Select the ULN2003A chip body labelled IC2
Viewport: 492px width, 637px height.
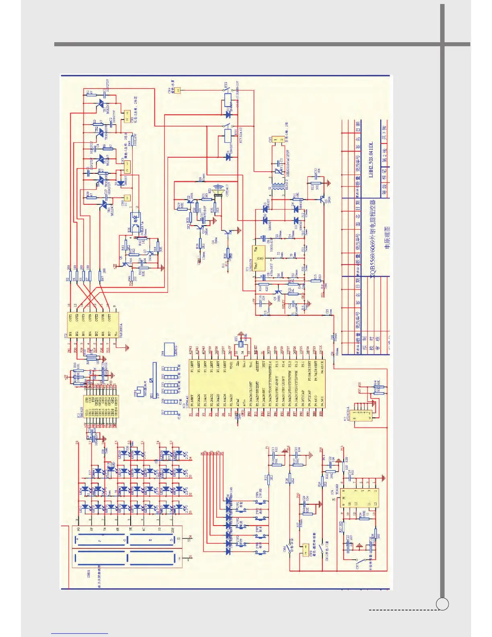[x=93, y=326]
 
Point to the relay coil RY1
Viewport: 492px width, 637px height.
[x=227, y=135]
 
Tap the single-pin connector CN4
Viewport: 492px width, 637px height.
[x=178, y=90]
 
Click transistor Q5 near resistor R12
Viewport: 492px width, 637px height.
[x=322, y=199]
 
